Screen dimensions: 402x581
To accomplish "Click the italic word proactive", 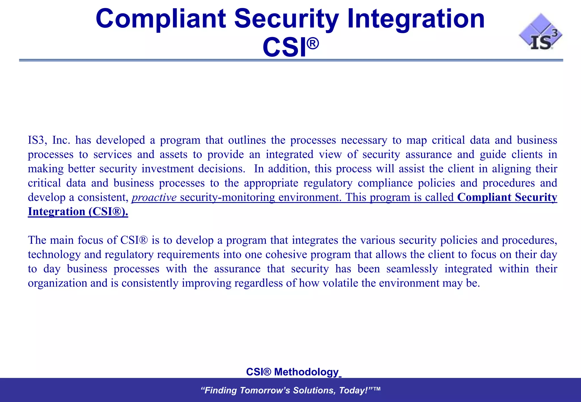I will point(154,198).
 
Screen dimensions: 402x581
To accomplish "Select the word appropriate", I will point(271,183).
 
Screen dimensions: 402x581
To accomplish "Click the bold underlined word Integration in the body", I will point(56,212).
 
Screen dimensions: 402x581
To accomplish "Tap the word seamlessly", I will point(412,269).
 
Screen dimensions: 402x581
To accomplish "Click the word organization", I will point(57,283).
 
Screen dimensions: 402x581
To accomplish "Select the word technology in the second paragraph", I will point(54,255).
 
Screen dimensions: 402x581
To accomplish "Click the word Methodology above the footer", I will point(306,372).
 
